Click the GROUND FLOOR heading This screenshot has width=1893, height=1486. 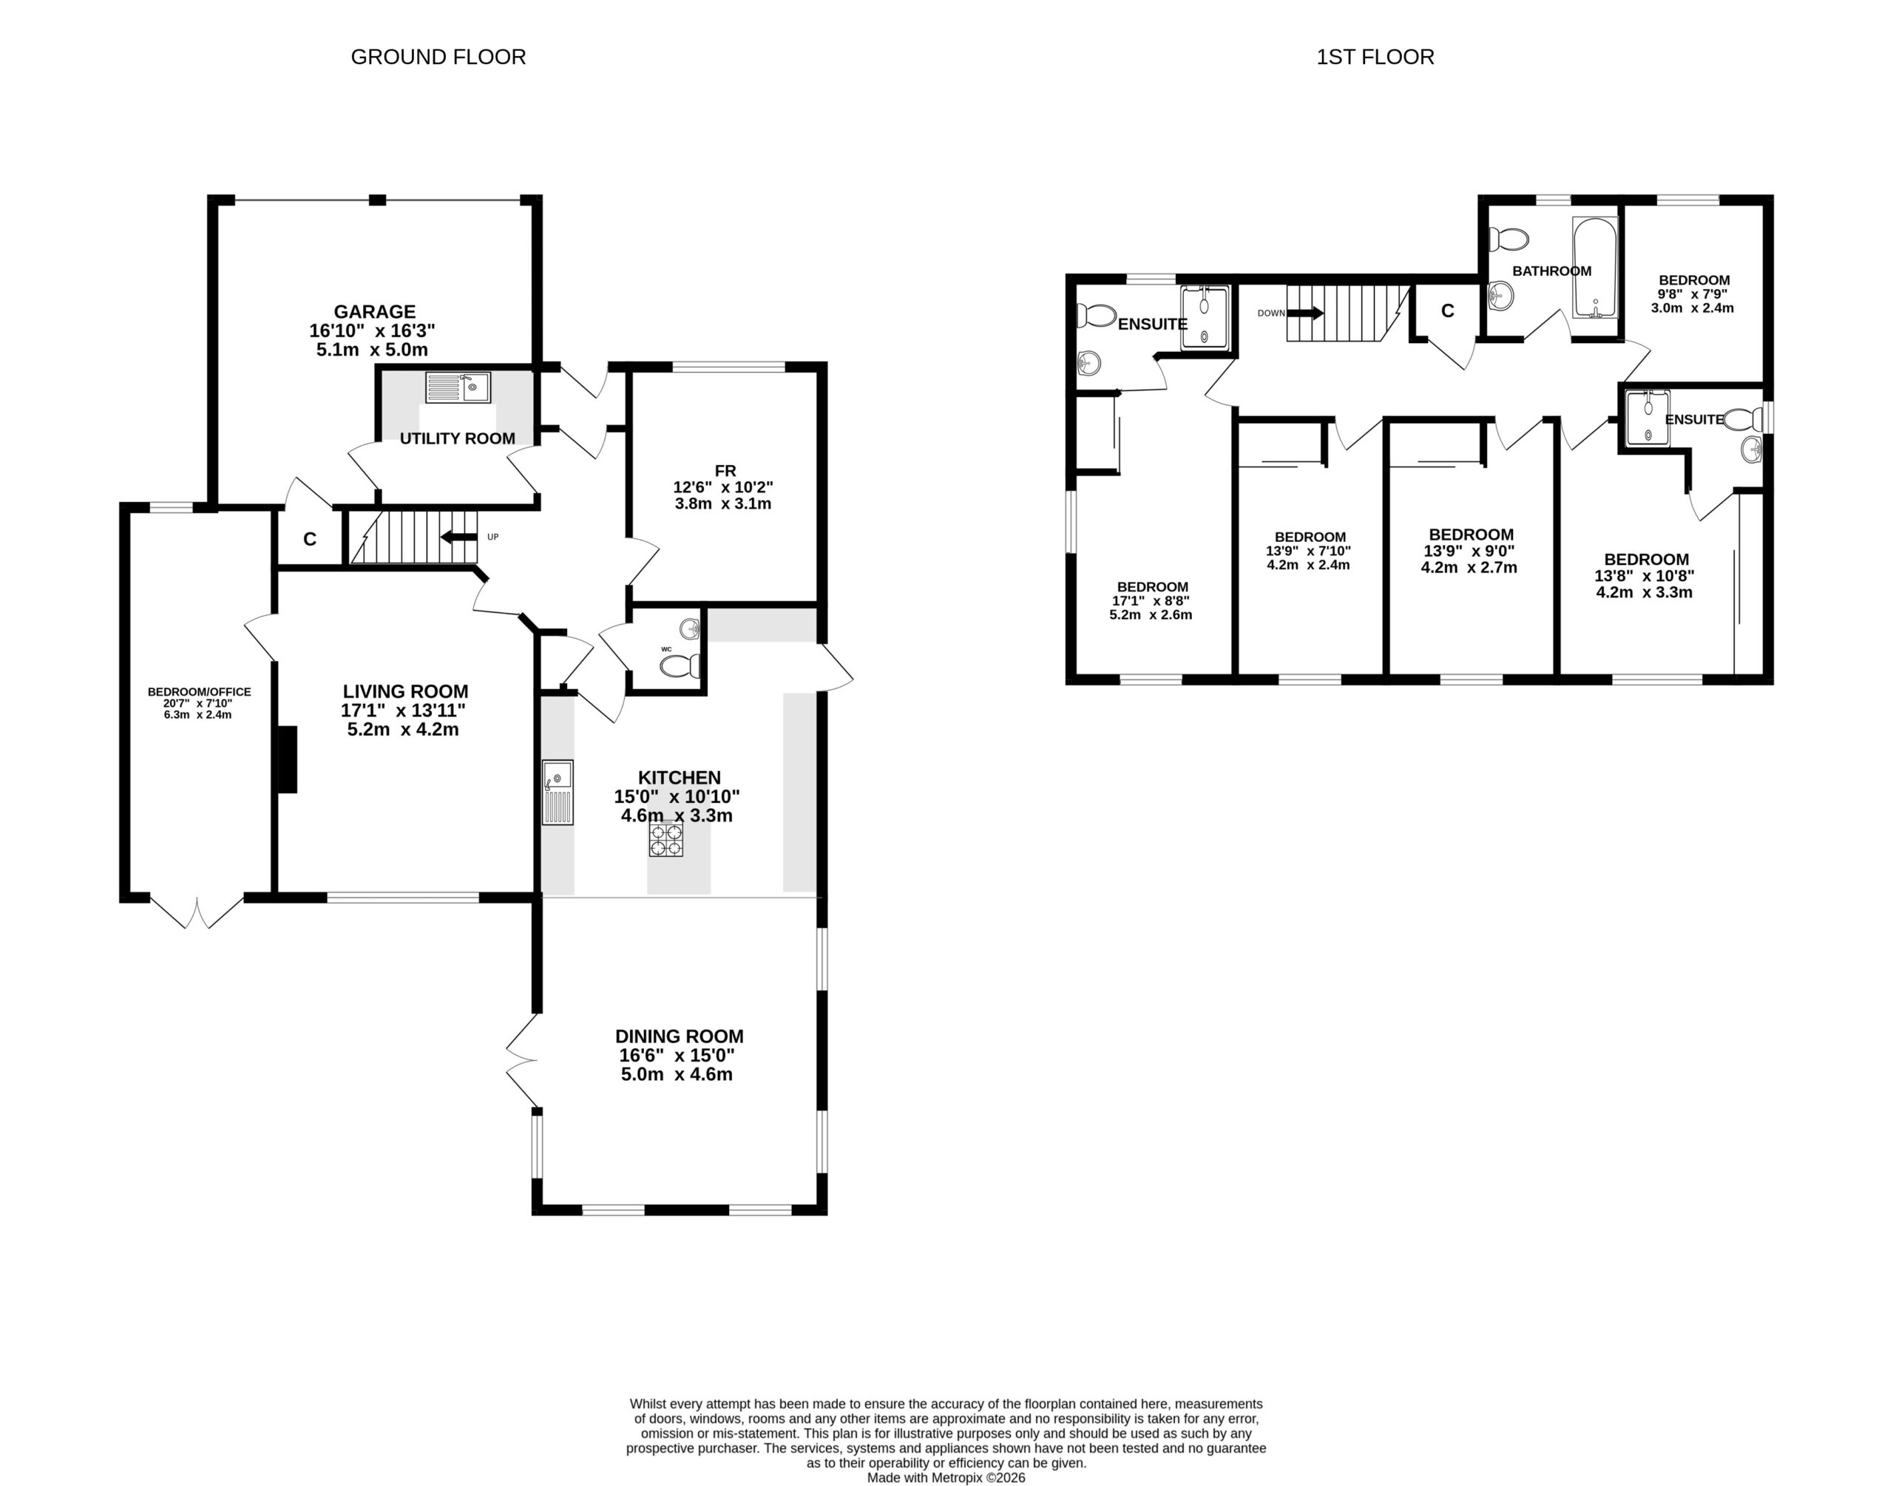438,58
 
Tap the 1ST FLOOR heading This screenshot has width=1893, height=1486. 1375,58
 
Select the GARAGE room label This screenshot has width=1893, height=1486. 375,311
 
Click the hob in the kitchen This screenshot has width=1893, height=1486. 666,840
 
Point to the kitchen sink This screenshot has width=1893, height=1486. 558,792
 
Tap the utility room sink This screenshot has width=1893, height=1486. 458,387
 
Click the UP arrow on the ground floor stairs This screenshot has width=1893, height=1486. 458,537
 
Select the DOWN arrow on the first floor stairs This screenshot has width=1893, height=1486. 1306,312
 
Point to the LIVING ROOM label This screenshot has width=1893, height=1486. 405,692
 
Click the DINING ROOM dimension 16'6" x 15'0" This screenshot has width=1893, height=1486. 677,1055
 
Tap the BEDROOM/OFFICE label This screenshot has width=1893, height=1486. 199,693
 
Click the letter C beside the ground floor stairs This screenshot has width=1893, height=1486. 310,540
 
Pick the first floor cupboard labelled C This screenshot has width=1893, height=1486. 1448,311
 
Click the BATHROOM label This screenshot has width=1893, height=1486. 1552,271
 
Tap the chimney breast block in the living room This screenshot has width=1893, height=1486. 287,759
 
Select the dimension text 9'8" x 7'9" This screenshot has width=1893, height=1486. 1694,294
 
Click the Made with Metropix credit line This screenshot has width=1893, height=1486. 946,1477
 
